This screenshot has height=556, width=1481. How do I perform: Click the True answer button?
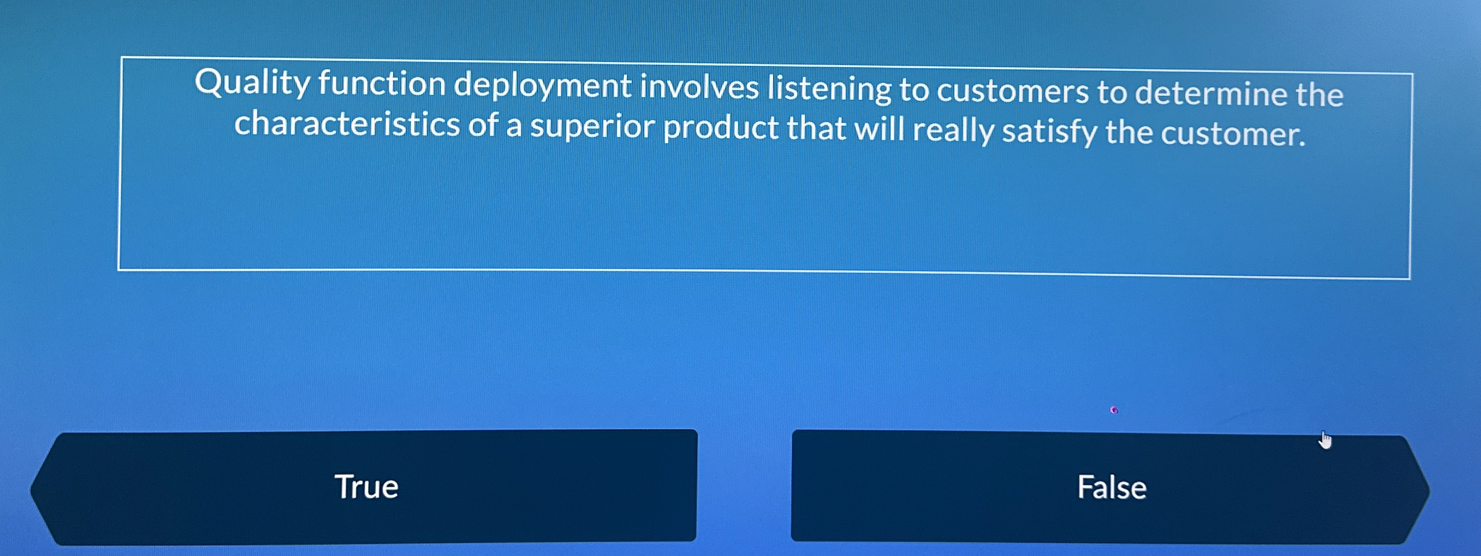pyautogui.click(x=365, y=486)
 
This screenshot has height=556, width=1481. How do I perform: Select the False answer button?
pyautogui.click(x=1111, y=487)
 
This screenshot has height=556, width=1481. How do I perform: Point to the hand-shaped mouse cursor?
pyautogui.click(x=1325, y=441)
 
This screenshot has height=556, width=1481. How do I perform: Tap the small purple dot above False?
pyautogui.click(x=1114, y=411)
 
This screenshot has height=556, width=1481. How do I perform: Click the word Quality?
pyautogui.click(x=252, y=83)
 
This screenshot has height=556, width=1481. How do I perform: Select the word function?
pyautogui.click(x=382, y=84)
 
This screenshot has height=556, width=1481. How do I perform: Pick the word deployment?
pyautogui.click(x=542, y=87)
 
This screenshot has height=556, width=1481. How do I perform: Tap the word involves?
pyautogui.click(x=699, y=87)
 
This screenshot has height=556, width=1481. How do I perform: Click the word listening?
pyautogui.click(x=829, y=90)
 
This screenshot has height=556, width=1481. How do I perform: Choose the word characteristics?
pyautogui.click(x=347, y=124)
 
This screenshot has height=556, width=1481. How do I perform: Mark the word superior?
pyautogui.click(x=592, y=127)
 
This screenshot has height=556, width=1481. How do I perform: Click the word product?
pyautogui.click(x=721, y=129)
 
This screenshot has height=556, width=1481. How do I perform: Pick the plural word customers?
pyautogui.click(x=1013, y=91)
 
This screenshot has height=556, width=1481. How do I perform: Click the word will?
pyautogui.click(x=880, y=129)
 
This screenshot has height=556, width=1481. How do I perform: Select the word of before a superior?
pyautogui.click(x=483, y=125)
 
